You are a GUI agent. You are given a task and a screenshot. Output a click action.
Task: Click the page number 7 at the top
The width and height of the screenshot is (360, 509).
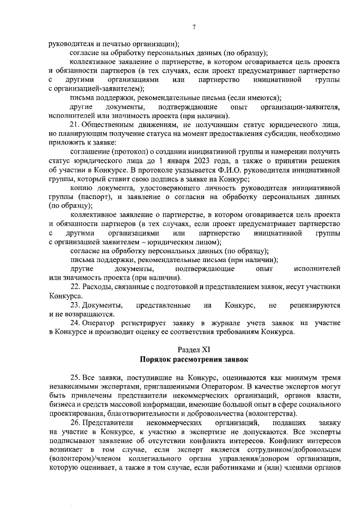(193, 27)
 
